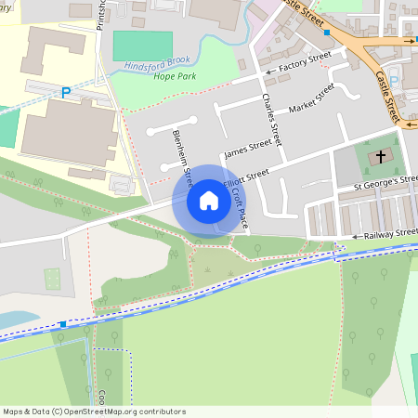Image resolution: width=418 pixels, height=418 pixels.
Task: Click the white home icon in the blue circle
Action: pos(208,201)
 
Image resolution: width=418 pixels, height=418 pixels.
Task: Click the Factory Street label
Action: pos(305,60)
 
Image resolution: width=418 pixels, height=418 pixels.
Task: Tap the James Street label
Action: pos(248,147)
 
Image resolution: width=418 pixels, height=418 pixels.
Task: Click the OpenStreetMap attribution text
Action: pos(94,411)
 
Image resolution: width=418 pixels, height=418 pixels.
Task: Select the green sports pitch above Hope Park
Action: pos(142,46)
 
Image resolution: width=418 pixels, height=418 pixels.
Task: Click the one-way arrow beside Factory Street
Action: pos(269,71)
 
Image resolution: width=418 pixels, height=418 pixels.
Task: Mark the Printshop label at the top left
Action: pos(101,17)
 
